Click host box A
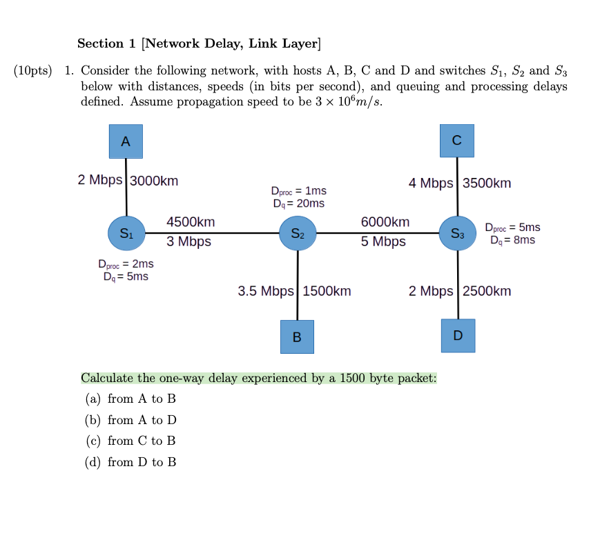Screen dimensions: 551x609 [x=126, y=141]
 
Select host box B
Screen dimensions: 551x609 [x=297, y=337]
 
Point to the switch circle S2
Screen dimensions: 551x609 [x=298, y=233]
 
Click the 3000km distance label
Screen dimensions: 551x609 [x=154, y=181]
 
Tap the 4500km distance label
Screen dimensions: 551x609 [x=191, y=222]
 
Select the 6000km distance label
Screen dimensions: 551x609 [x=385, y=222]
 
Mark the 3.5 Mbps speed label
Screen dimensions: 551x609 [x=266, y=291]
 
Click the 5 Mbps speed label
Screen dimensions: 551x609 [x=383, y=242]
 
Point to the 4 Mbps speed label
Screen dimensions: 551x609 [x=431, y=183]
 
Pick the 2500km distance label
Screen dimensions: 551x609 [x=487, y=291]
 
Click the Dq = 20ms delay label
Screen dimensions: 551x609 [x=298, y=203]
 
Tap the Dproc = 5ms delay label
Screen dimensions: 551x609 [x=512, y=228]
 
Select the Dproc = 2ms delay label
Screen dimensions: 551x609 [x=126, y=264]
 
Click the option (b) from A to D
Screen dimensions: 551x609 [x=131, y=420]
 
